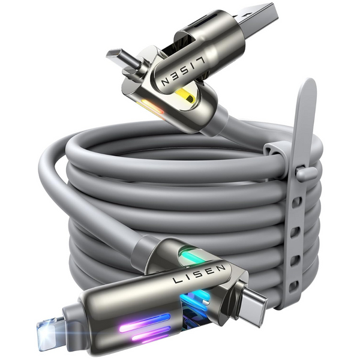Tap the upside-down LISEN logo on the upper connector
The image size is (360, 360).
183,71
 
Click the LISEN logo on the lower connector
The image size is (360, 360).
199,274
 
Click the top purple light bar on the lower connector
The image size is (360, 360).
144,320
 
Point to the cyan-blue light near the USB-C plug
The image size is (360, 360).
195,296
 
